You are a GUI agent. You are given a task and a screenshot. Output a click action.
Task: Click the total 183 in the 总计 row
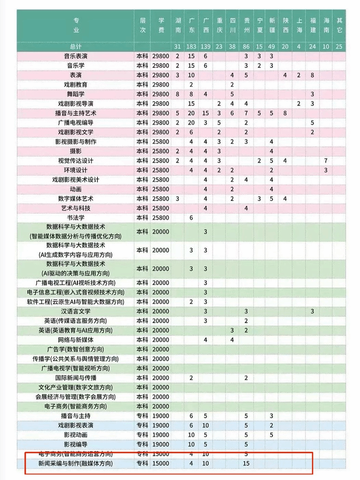click(x=192, y=47)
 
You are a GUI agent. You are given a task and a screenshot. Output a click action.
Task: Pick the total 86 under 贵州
click(x=246, y=47)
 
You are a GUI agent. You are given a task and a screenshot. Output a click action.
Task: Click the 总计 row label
click(x=75, y=47)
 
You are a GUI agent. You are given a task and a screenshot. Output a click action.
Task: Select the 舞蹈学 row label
click(x=75, y=94)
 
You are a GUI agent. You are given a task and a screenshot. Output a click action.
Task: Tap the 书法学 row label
click(x=75, y=218)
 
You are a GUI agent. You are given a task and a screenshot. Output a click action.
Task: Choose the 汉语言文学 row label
click(x=75, y=311)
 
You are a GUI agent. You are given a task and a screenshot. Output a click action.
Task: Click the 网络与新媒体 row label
click(x=75, y=340)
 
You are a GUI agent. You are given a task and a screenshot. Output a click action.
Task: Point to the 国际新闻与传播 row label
click(x=75, y=378)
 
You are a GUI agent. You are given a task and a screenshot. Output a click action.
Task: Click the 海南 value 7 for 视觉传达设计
click(x=326, y=161)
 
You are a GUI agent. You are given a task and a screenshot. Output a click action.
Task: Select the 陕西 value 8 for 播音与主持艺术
click(x=285, y=113)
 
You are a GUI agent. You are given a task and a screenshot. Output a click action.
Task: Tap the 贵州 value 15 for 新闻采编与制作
click(x=246, y=463)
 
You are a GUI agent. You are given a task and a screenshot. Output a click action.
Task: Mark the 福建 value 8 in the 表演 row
click(x=312, y=75)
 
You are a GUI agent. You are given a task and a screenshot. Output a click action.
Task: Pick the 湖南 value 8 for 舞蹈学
click(x=177, y=94)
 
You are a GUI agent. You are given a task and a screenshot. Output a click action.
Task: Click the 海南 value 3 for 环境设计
click(x=326, y=170)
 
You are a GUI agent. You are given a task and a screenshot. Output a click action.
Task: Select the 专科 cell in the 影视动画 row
click(x=142, y=435)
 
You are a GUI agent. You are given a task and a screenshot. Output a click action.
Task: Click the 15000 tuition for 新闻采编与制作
click(x=161, y=463)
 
